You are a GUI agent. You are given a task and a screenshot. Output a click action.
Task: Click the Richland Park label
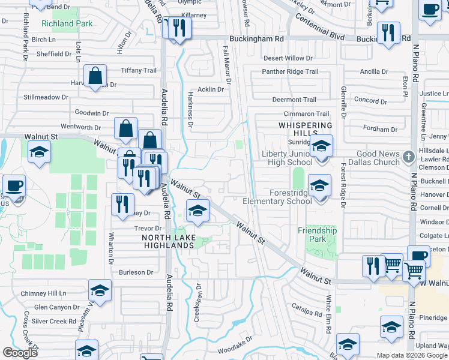tap(67, 24)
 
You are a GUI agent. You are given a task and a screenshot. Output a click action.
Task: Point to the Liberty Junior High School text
tap(288, 158)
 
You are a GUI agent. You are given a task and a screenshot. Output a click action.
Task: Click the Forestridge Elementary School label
tap(277, 197)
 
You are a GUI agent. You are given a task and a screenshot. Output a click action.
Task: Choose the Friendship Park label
tap(318, 235)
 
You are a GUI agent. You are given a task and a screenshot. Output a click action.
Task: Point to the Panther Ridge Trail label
tap(291, 72)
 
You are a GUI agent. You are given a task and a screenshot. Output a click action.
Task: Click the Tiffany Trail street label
tap(139, 71)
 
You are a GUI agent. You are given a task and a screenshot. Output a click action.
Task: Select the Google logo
tap(20, 353)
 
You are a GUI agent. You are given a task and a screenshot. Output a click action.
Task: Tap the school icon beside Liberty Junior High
tap(321, 146)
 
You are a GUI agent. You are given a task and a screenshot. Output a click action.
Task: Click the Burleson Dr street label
tap(136, 272)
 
